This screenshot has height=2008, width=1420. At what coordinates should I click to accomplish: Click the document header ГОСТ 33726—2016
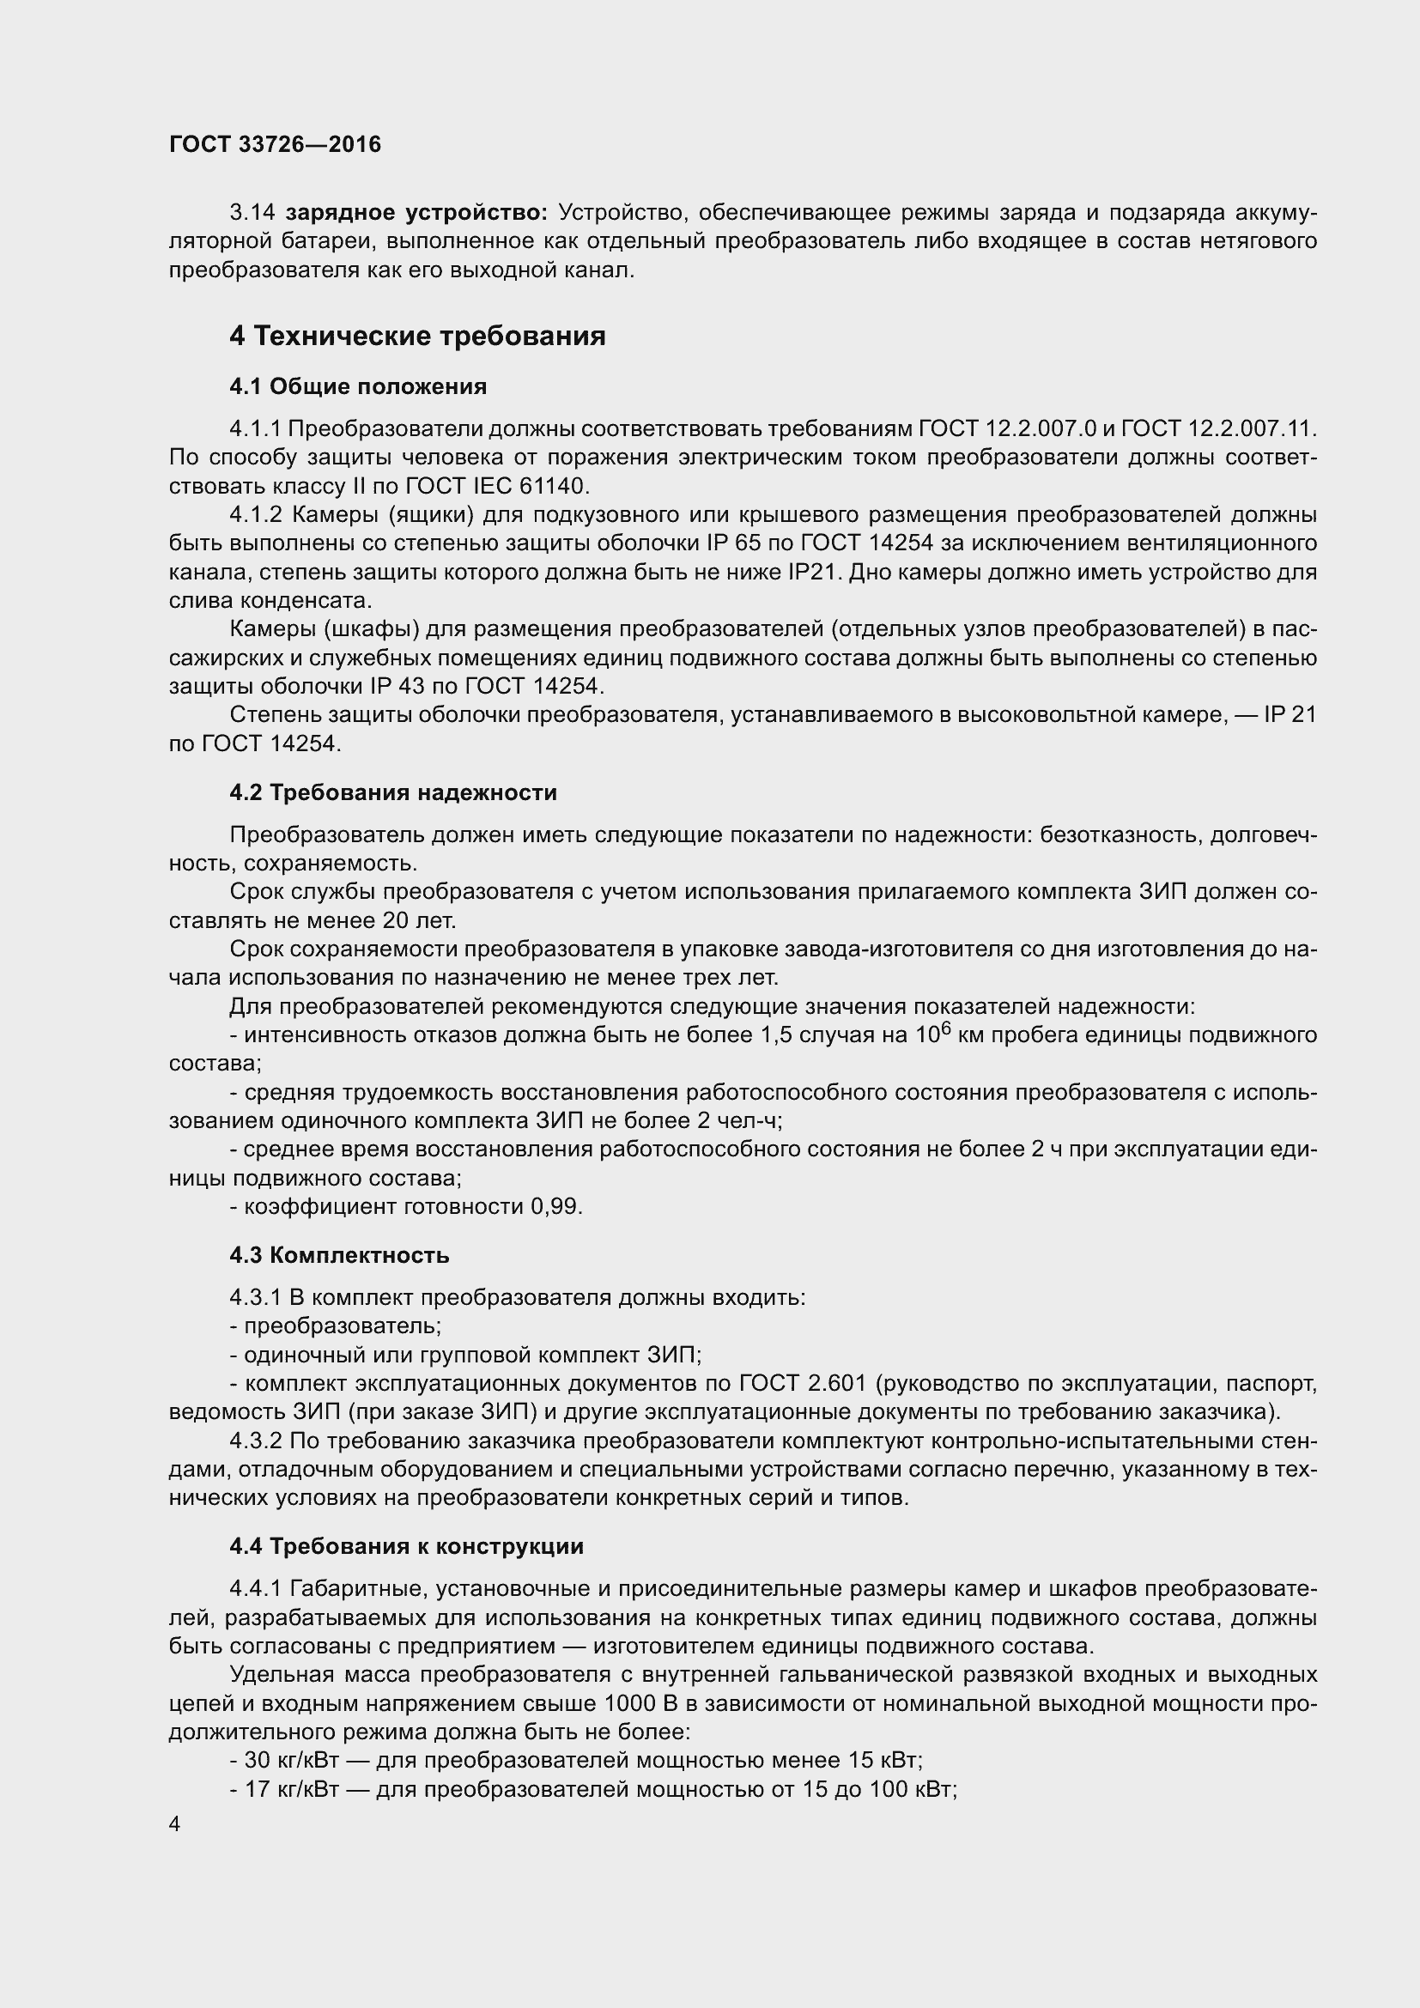point(275,144)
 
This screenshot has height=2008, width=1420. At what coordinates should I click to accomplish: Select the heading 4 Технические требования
point(417,336)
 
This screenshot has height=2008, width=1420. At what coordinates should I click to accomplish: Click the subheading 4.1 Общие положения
point(358,385)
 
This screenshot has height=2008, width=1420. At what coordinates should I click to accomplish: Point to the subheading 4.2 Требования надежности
point(392,792)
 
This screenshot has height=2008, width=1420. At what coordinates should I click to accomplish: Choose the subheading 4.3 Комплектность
point(339,1255)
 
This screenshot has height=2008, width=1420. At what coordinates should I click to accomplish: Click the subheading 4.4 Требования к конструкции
point(406,1546)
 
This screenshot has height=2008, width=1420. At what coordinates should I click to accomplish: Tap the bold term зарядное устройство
point(417,213)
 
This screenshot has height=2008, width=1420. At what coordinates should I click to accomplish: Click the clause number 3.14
point(252,213)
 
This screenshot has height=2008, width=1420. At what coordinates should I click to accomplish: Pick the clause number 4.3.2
point(256,1441)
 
